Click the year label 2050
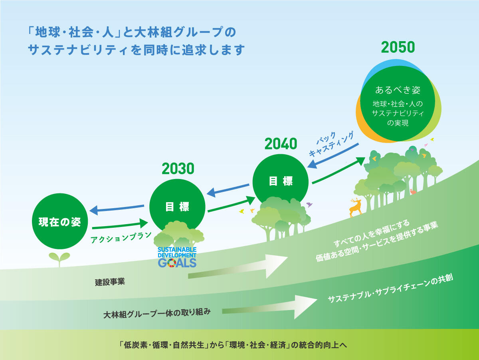point(398,47)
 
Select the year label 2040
point(281,143)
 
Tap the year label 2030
point(178,169)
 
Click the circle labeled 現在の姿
point(60,221)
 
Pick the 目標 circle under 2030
point(177,207)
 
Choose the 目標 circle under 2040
point(281,182)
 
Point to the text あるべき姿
point(398,90)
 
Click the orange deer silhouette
point(356,207)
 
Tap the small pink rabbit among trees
point(413,191)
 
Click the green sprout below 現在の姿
point(59,259)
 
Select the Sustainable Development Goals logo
point(177,257)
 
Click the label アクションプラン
point(121,238)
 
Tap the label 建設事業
point(110,282)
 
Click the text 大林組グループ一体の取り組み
point(157,313)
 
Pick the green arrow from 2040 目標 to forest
point(338,170)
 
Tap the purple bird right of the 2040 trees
point(309,205)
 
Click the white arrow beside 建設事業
point(238,266)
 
